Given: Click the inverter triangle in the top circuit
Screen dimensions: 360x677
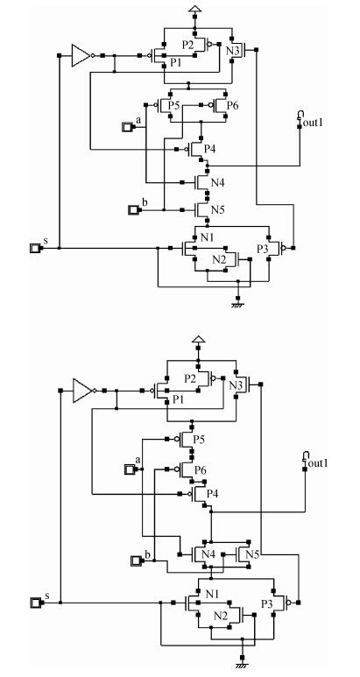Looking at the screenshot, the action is tap(80, 55).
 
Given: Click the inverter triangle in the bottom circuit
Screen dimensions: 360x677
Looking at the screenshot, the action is tap(81, 391).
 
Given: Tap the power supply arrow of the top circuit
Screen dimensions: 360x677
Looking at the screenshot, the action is tap(194, 9).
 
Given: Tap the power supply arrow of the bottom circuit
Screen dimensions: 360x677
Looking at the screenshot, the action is tap(198, 338).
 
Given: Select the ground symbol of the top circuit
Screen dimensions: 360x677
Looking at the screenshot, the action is tap(237, 305).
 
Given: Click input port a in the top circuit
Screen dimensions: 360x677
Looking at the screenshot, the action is tap(128, 127).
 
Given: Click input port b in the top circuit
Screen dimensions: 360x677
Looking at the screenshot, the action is tap(133, 210).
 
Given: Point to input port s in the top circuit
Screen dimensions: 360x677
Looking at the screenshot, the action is tap(35, 248).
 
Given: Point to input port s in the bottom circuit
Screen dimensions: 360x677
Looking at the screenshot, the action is tap(36, 603).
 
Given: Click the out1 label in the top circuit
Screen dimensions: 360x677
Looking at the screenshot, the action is tap(313, 123).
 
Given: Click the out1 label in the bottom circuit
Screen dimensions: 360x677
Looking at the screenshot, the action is tap(318, 463).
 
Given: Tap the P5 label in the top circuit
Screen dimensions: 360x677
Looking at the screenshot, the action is tap(173, 105).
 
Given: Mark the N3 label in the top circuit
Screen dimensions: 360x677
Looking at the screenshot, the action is tap(233, 51).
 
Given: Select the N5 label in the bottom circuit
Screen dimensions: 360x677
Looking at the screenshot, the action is tap(252, 554).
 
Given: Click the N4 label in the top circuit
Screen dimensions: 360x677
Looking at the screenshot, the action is tap(217, 183).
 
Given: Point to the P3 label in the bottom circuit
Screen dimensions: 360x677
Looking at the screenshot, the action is tap(267, 603).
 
